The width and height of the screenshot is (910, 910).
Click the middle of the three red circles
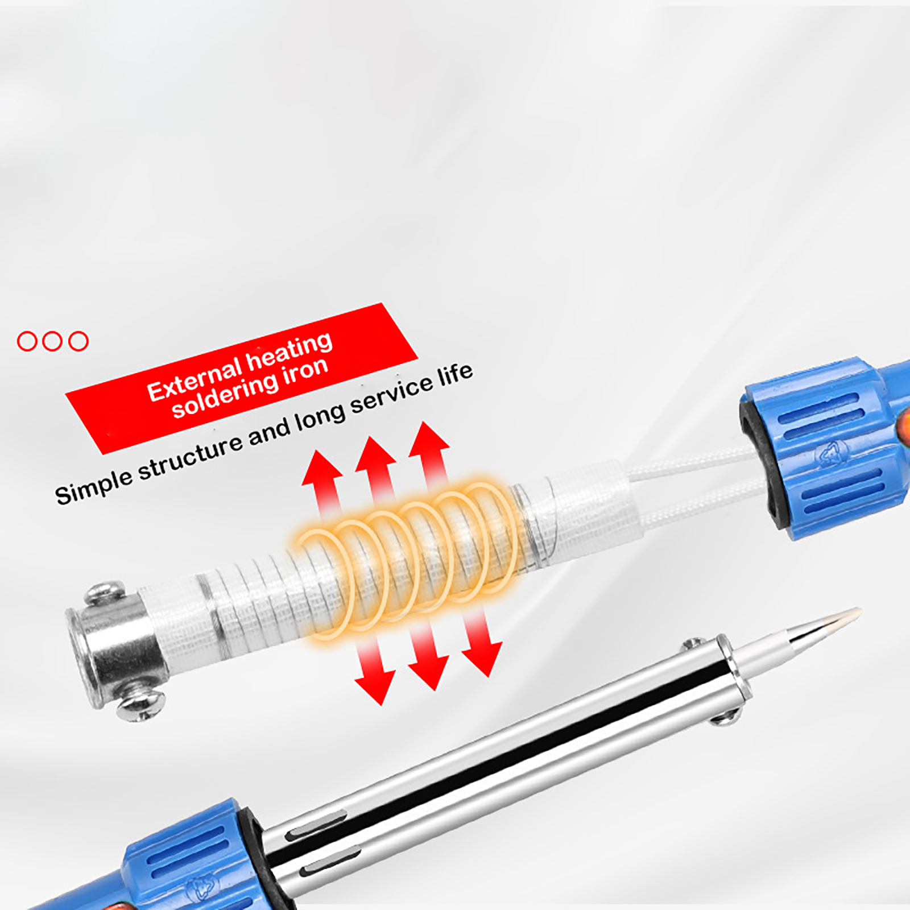[x=52, y=341]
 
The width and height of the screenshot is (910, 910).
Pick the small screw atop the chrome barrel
[x=693, y=644]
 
